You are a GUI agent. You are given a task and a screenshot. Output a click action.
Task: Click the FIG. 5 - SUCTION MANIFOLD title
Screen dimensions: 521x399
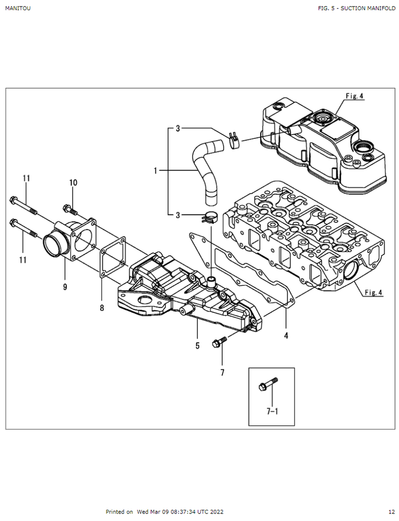[356, 9]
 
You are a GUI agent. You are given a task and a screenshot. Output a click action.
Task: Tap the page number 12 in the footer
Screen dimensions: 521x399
[391, 512]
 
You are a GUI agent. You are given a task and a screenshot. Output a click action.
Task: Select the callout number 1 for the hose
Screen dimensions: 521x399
[156, 171]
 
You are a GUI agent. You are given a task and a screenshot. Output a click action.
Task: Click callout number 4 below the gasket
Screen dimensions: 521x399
[286, 336]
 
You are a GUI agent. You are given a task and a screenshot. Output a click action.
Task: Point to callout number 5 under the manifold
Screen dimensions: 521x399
[197, 346]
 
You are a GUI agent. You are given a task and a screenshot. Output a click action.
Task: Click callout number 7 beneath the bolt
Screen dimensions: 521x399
[222, 372]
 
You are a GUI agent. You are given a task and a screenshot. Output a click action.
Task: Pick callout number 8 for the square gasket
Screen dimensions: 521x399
[102, 308]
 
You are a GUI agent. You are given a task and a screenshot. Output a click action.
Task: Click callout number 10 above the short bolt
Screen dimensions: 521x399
[73, 183]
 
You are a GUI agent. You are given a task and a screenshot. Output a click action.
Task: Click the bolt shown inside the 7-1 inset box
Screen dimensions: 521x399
[268, 385]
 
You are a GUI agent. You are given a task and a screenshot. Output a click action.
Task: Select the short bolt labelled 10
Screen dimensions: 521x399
[70, 209]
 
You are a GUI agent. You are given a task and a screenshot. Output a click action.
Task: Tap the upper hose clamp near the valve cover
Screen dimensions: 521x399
[234, 139]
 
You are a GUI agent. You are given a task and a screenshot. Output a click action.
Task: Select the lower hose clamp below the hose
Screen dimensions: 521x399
[210, 217]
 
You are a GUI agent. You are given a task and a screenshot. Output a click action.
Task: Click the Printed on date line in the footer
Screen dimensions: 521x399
[164, 512]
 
